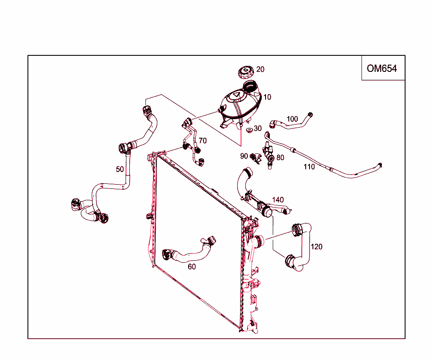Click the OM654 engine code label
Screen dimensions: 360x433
[x=382, y=68]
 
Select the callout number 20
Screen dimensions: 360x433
[x=260, y=69]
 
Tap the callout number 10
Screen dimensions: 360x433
[x=267, y=97]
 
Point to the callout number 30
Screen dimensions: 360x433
[x=258, y=128]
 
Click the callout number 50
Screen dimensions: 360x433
[x=120, y=169]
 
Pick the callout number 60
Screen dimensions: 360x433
[x=192, y=267]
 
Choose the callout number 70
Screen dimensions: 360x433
[x=203, y=141]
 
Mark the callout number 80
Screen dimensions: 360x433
[x=280, y=158]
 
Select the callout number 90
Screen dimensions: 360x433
[x=244, y=156]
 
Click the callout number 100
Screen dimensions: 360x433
[x=292, y=119]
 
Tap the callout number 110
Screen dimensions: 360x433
[x=309, y=167]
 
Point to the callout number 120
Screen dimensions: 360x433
[x=317, y=246]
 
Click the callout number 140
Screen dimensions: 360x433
[x=278, y=199]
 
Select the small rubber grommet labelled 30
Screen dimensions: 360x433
[x=249, y=128]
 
